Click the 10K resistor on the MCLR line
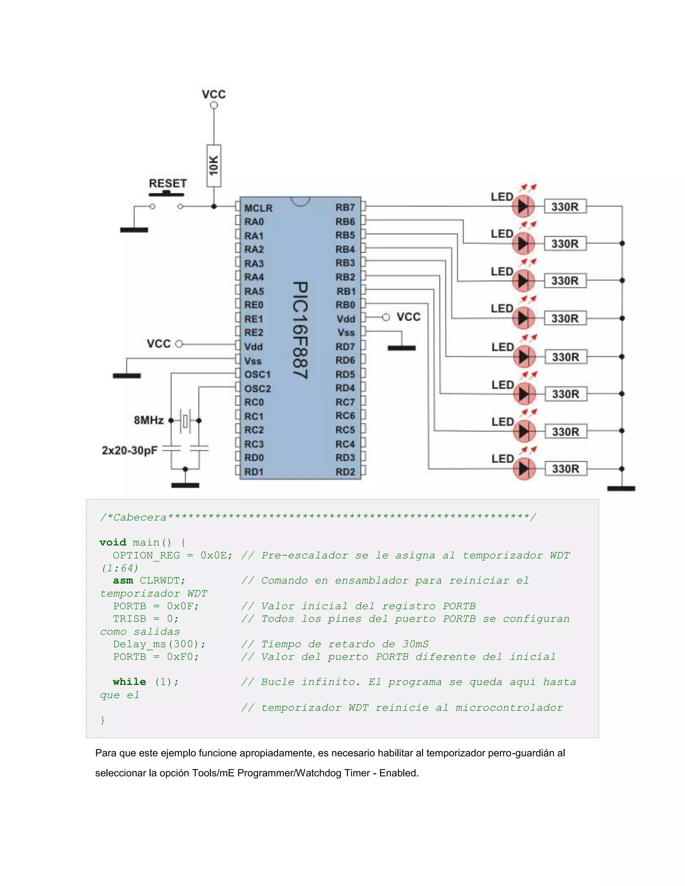pyautogui.click(x=214, y=165)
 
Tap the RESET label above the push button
pyautogui.click(x=168, y=183)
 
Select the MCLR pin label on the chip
pyautogui.click(x=258, y=208)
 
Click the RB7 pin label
pyautogui.click(x=345, y=207)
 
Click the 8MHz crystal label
pyautogui.click(x=149, y=420)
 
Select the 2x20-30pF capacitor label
pyautogui.click(x=129, y=450)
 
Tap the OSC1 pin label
pyautogui.click(x=257, y=374)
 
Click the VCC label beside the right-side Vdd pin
pyautogui.click(x=408, y=317)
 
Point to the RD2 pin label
pyautogui.click(x=345, y=472)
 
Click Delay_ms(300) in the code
pyautogui.click(x=159, y=644)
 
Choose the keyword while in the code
pyautogui.click(x=129, y=682)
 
